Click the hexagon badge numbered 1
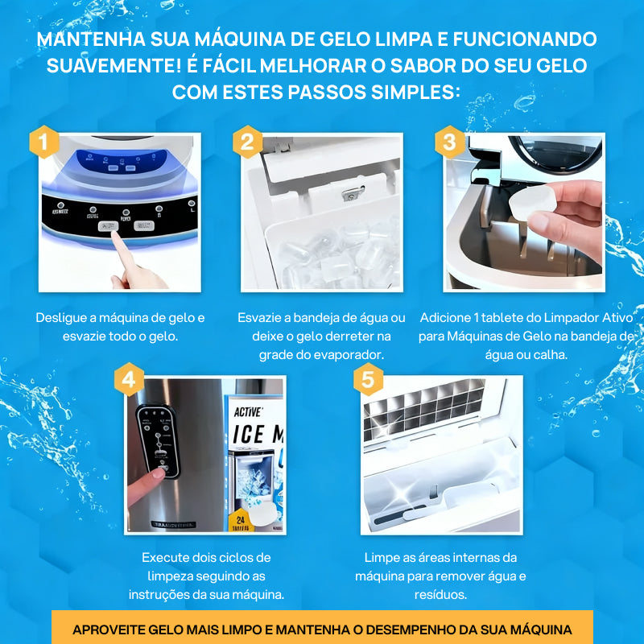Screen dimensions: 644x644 tap(45, 142)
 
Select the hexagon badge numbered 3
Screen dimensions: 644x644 tap(450, 142)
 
